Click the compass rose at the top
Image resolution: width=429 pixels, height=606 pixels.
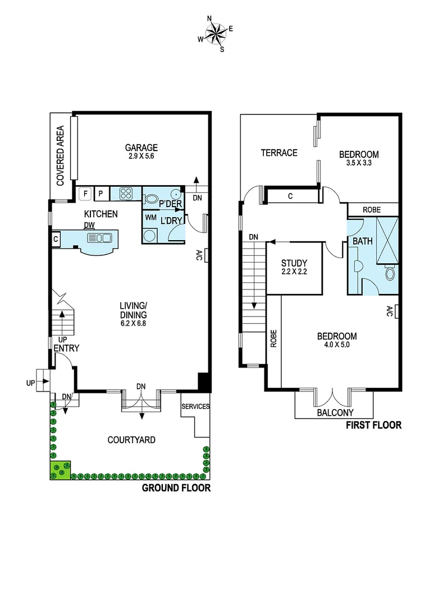[x=214, y=34]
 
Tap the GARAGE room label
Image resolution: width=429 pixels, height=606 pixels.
[x=142, y=148]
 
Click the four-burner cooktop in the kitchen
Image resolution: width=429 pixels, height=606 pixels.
[x=125, y=194]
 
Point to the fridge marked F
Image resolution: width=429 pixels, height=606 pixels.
[x=85, y=194]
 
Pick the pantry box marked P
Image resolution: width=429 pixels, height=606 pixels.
[x=101, y=194]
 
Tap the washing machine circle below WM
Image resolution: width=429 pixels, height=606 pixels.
[x=150, y=236]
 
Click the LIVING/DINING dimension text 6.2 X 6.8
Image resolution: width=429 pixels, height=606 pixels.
[x=133, y=323]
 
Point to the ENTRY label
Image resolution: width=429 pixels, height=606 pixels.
[x=66, y=348]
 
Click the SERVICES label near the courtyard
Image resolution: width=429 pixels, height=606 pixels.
[x=195, y=407]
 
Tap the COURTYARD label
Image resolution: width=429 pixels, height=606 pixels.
[x=131, y=440]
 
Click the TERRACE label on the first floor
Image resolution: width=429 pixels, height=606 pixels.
[x=279, y=153]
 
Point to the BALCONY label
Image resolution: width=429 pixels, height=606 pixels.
[x=335, y=412]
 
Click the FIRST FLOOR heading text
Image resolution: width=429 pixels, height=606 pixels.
[x=374, y=425]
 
